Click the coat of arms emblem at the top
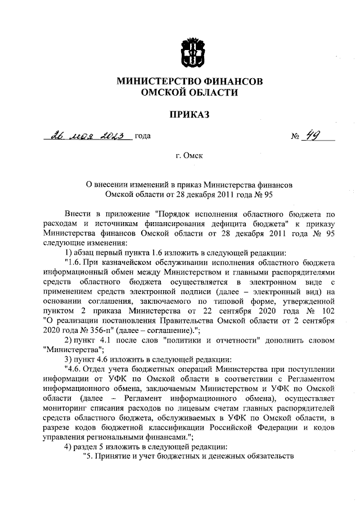tap(189, 50)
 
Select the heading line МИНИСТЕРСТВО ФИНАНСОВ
tap(189, 82)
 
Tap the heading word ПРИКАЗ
tap(189, 115)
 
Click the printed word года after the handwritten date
tap(142, 137)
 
